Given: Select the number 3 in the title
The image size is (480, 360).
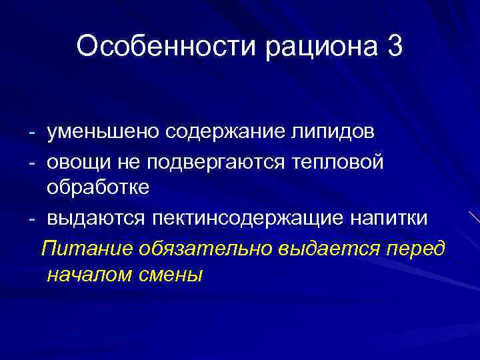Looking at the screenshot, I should (393, 47).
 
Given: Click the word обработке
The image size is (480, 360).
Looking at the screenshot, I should (98, 189).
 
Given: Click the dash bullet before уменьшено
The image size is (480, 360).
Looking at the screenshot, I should (31, 132).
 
